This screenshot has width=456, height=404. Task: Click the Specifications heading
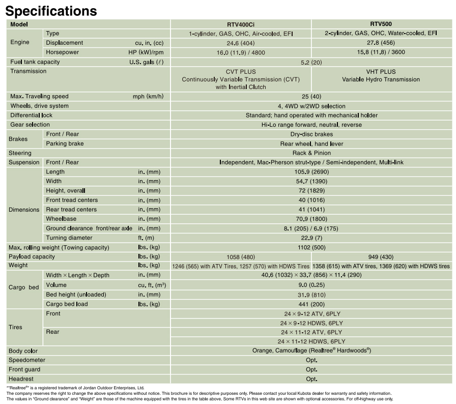click(51, 10)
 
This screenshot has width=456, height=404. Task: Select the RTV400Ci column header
click(240, 24)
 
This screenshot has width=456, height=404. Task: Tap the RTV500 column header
click(381, 23)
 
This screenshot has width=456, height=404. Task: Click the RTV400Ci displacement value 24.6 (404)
click(240, 43)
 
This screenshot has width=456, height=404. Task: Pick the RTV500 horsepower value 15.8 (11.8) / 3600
click(381, 52)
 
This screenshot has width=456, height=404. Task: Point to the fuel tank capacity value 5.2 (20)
click(311, 62)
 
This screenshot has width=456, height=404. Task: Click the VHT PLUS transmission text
click(381, 72)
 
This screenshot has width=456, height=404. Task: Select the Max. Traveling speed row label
click(39, 97)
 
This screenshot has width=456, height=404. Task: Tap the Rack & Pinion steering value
click(311, 153)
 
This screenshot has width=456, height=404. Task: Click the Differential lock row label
click(32, 116)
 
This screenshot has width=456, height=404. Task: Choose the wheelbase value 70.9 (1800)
click(311, 219)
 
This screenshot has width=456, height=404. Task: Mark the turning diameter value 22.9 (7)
click(311, 238)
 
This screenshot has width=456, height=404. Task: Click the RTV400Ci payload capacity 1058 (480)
click(240, 257)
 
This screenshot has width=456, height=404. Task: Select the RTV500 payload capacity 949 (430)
click(381, 257)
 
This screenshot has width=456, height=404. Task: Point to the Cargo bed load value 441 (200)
click(311, 304)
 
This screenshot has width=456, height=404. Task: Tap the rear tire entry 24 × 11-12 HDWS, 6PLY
click(311, 341)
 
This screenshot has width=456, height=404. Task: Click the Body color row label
click(23, 351)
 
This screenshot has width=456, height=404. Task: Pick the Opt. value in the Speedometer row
click(311, 360)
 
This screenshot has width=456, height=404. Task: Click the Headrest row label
click(22, 379)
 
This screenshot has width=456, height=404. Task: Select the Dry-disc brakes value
click(311, 134)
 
